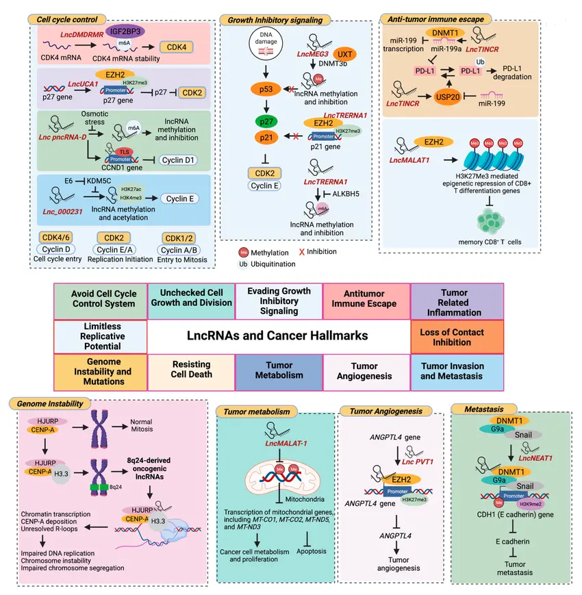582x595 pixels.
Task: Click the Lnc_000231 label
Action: point(63,212)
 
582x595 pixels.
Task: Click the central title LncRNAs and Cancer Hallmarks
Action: point(278,336)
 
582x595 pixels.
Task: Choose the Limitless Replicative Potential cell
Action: point(100,336)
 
